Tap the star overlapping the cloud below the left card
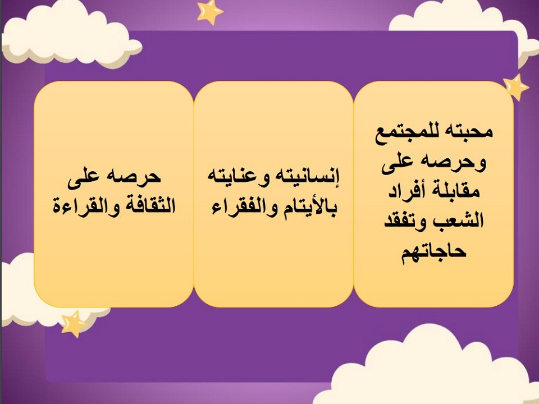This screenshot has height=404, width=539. click(74, 323)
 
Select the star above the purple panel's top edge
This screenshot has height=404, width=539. click(209, 11)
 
